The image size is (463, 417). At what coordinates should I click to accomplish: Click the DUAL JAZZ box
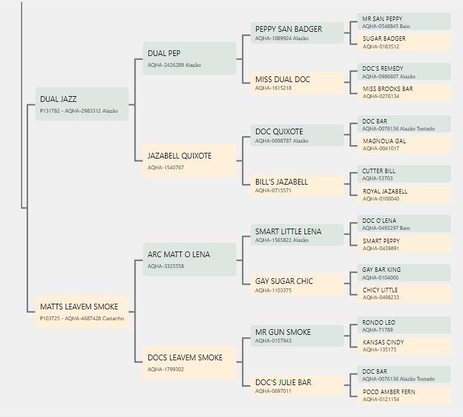point(82,104)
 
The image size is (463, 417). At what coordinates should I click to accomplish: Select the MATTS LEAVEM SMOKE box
point(82,312)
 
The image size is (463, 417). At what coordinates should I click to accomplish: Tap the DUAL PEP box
point(190,58)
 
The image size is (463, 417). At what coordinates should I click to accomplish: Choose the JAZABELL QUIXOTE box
point(190,160)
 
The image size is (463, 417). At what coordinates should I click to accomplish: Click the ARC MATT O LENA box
point(190,259)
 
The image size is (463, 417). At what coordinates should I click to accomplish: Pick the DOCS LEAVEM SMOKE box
point(190,362)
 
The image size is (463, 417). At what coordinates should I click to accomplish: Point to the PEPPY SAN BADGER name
point(288,29)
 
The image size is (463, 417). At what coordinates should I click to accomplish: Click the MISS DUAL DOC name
point(283,80)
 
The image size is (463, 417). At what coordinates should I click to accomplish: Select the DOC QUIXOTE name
point(279,132)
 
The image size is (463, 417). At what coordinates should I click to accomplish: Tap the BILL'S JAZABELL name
point(281,182)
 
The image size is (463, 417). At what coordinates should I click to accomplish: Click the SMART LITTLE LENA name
point(288,231)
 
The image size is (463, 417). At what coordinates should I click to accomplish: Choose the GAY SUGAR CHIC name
point(284,281)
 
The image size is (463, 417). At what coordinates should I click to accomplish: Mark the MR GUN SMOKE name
point(283,332)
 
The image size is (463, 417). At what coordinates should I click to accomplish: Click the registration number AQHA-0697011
point(273,391)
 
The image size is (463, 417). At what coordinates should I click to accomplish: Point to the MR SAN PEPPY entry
point(404,22)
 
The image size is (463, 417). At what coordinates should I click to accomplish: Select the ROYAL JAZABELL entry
point(404,195)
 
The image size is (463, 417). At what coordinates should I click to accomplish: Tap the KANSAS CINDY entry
point(404,346)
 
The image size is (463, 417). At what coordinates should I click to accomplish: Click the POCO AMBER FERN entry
point(404,395)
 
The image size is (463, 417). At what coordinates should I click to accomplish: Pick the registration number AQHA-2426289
point(166,65)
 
